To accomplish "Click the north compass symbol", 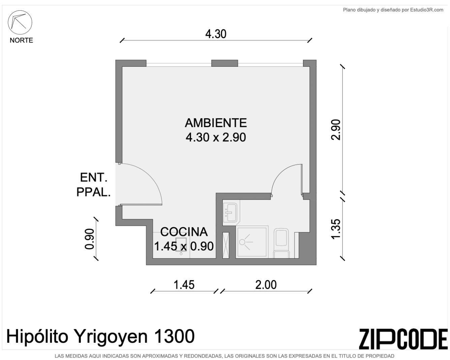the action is [x=20, y=22].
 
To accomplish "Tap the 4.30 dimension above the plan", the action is [x=216, y=34].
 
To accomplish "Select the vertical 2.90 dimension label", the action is [x=336, y=130].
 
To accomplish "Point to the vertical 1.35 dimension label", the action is [x=336, y=229].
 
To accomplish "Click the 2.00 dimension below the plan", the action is [x=266, y=285].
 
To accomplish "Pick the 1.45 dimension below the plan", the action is [x=184, y=285].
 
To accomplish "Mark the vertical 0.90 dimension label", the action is [x=90, y=239].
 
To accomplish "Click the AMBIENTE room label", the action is [x=216, y=123].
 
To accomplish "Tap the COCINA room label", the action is [x=184, y=232].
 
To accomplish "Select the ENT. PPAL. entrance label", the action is [x=93, y=185].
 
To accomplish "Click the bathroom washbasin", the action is [x=230, y=212].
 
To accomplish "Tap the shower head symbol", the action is [x=245, y=242].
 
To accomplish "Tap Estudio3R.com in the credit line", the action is [x=427, y=10].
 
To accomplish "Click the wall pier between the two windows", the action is [x=224, y=63].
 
